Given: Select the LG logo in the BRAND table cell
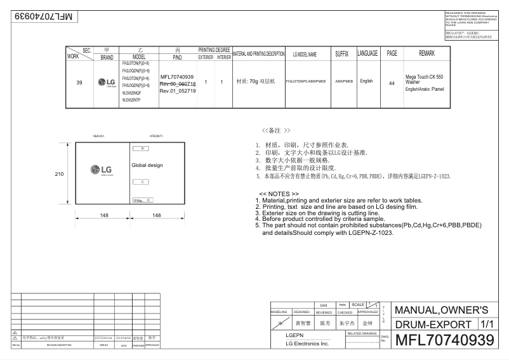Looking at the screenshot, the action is coord(107,82).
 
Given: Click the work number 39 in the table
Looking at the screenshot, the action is coord(79,82).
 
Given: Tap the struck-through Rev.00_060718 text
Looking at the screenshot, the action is coord(178,84).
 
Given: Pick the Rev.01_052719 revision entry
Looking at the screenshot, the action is coord(178,91).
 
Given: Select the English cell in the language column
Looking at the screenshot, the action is coord(366,81).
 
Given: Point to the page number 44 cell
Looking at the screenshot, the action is coord(392,83).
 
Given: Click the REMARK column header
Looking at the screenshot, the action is coord(426,54).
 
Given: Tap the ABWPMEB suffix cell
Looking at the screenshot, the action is coord(343,82).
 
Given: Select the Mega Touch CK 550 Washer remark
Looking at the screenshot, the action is coord(424,79).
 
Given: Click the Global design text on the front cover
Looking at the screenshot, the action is coord(147,165).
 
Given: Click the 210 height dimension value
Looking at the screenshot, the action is coord(58,173).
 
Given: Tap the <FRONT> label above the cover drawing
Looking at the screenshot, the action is coord(156,137).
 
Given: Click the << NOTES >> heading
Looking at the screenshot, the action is coord(279,194).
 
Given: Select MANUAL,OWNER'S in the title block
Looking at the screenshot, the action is coord(442,310).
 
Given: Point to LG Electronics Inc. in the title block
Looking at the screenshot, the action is coord(307,343).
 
